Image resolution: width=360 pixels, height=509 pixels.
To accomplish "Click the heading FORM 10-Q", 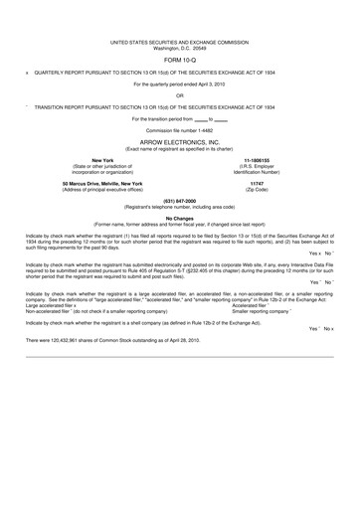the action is pos(179,58).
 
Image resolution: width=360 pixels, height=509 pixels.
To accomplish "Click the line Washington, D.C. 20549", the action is pos(179,47).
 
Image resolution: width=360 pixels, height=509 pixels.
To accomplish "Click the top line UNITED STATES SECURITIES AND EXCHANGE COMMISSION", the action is pos(179,41).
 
